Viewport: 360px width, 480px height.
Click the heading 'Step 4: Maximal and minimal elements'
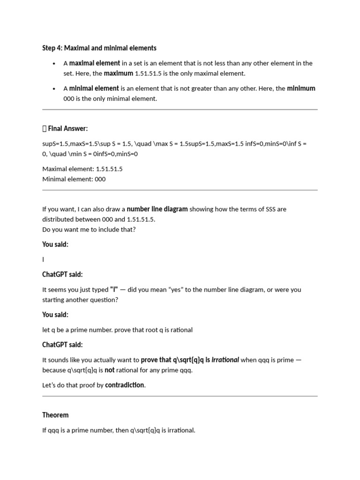click(99, 48)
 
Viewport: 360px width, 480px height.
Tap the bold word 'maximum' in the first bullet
click(118, 74)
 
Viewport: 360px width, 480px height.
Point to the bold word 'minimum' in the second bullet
click(301, 89)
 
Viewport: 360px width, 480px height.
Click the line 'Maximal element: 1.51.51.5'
click(82, 169)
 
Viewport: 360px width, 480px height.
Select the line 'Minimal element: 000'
click(74, 179)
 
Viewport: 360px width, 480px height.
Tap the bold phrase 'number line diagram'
click(157, 209)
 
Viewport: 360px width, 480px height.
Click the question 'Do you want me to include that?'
click(89, 230)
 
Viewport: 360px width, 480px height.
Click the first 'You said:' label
click(55, 244)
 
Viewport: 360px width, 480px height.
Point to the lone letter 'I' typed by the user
click(43, 259)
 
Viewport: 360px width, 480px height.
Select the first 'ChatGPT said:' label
click(62, 274)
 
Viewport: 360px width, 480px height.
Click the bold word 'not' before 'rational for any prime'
click(109, 370)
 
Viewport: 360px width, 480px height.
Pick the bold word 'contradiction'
click(125, 385)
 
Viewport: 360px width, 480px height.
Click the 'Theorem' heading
click(55, 415)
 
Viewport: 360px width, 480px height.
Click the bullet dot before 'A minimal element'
click(55, 89)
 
